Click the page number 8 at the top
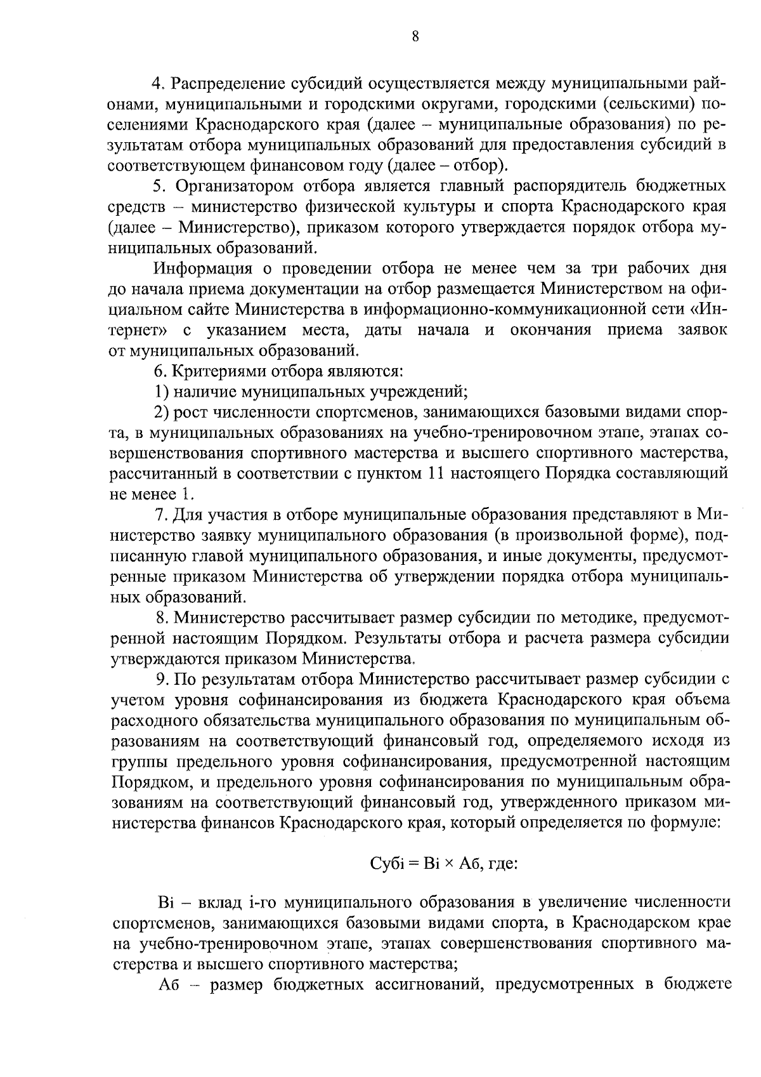pyautogui.click(x=415, y=37)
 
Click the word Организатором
pyautogui.click(x=234, y=186)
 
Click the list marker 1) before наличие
pyautogui.click(x=162, y=391)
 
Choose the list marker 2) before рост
pyautogui.click(x=162, y=412)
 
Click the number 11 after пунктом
pyautogui.click(x=435, y=473)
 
